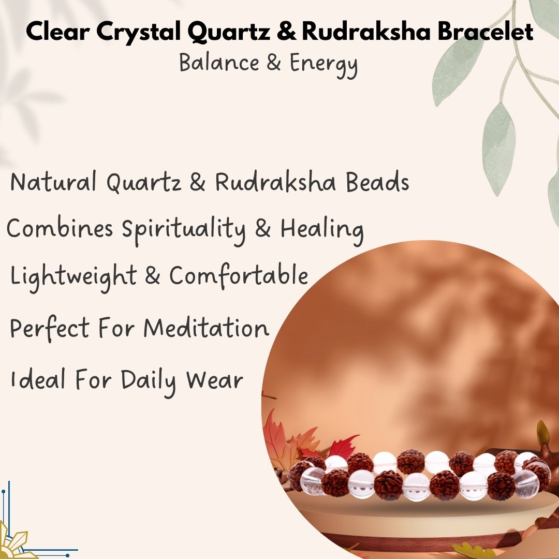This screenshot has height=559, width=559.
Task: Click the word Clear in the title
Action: (x=58, y=31)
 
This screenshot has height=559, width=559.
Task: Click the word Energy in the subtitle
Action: (x=323, y=64)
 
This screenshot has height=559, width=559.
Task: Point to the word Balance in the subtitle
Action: (x=219, y=63)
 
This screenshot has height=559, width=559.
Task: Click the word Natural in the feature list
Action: (x=53, y=182)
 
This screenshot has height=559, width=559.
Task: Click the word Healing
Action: (x=322, y=230)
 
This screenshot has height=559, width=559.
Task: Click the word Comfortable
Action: (x=239, y=275)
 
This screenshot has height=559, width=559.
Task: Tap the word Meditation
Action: (x=206, y=328)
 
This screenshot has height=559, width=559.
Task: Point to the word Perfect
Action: (x=50, y=328)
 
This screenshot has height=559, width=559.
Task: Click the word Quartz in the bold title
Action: (x=229, y=32)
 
